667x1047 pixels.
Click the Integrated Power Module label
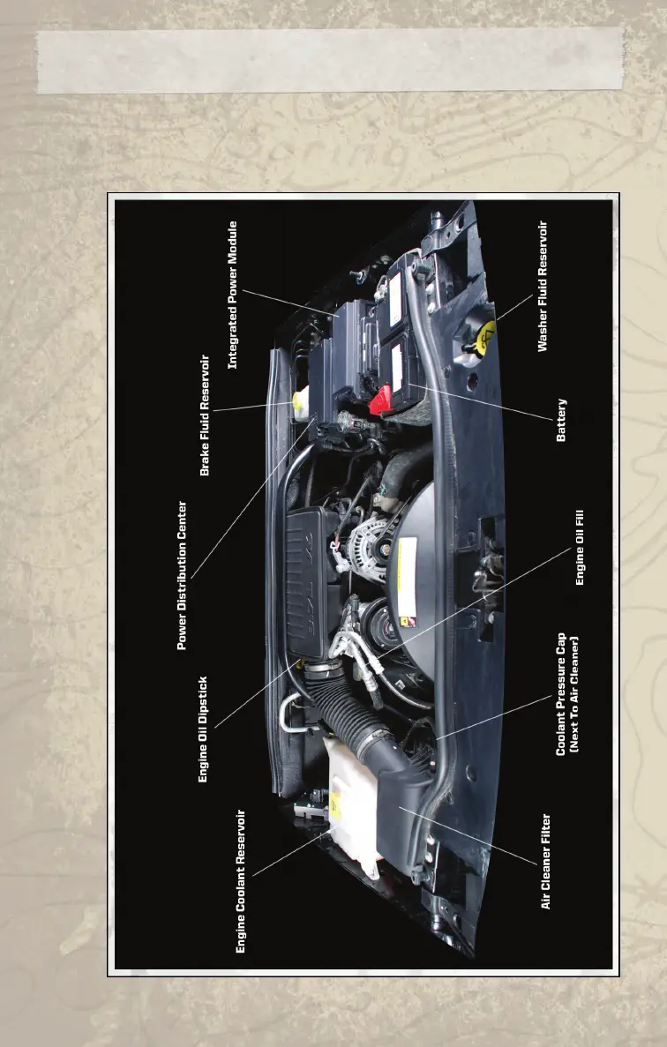pos(234,294)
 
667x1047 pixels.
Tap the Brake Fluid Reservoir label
pos(206,415)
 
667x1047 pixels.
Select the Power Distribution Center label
pos(183,576)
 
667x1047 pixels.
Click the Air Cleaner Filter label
pos(546,861)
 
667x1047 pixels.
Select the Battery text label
pos(561,420)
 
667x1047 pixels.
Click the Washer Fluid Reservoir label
pos(543,287)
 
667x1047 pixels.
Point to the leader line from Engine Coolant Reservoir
pos(291,851)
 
